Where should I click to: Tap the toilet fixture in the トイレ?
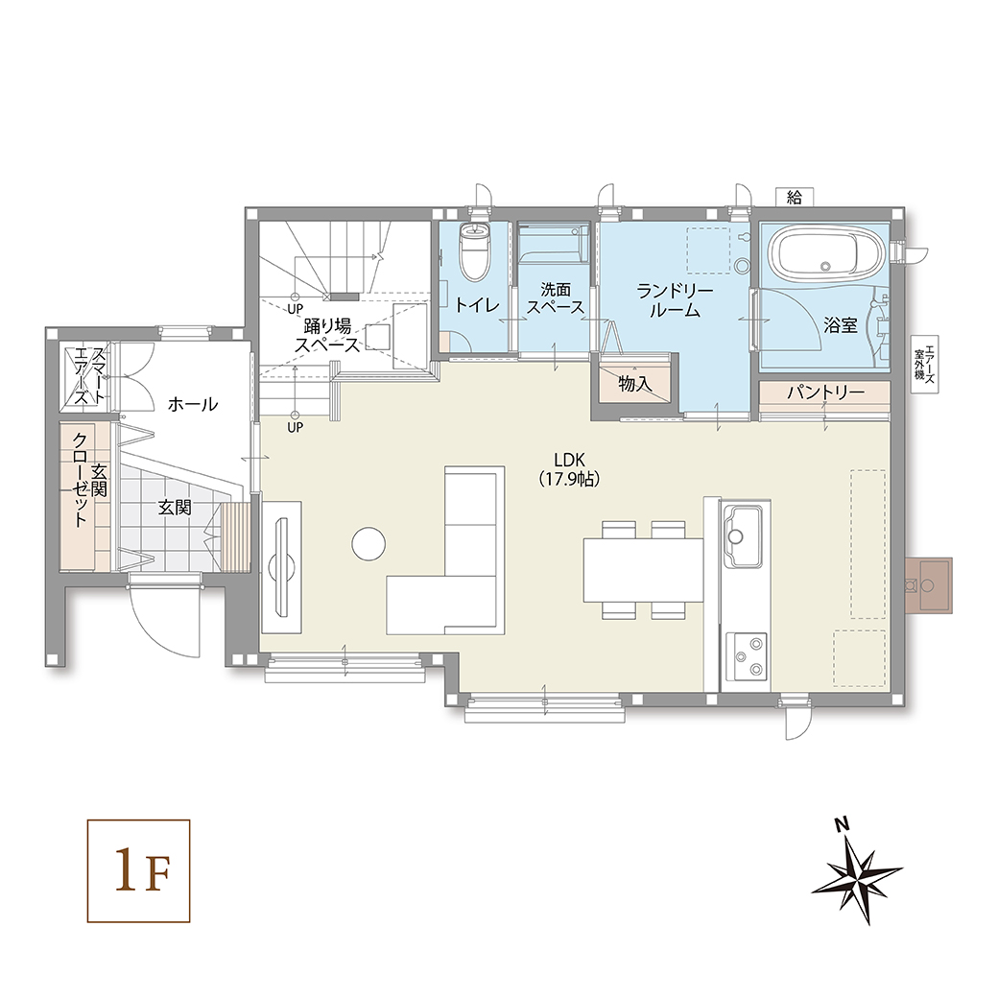coord(475,252)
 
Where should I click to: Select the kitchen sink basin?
coord(742,535)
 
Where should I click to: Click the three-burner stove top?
coord(747,656)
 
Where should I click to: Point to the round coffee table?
coord(368,543)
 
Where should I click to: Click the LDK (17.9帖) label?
coord(569,469)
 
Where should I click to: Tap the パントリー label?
coord(825,392)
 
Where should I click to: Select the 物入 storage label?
coord(635,384)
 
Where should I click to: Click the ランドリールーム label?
coord(675,300)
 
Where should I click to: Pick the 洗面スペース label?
coord(555,297)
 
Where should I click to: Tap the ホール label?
coord(193,404)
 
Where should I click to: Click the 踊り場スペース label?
coord(327,336)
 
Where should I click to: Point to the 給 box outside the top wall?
coord(794,198)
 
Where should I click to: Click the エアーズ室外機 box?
coord(924,364)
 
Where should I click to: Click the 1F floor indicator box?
coord(139,870)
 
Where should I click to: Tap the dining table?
coord(644,570)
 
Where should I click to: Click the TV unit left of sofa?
coord(281,566)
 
